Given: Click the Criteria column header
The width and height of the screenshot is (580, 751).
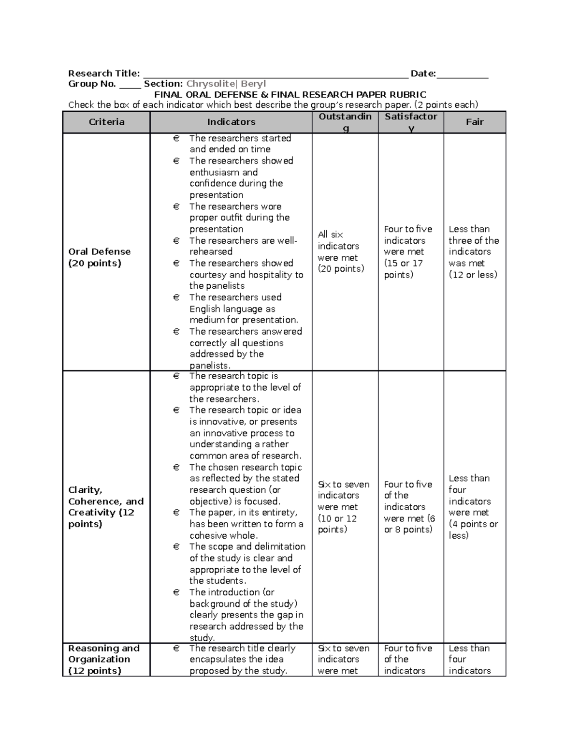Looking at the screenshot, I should click(106, 122).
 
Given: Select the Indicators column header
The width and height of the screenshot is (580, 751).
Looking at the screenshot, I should click(231, 122).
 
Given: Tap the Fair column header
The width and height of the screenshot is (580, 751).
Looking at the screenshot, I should click(474, 122).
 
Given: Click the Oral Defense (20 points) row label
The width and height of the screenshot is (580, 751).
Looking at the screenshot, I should click(99, 257).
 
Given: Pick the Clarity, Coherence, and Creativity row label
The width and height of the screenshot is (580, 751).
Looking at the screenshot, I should click(106, 507).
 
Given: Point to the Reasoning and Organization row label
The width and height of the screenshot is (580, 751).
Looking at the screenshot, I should click(103, 659).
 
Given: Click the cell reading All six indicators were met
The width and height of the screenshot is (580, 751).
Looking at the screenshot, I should click(341, 251).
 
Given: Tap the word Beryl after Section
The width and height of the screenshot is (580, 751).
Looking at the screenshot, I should click(253, 84).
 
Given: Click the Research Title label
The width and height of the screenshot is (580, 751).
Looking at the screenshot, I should click(104, 74).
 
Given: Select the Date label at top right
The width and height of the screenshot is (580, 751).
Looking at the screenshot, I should click(423, 74).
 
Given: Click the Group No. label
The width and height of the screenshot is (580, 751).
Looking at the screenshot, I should click(92, 84).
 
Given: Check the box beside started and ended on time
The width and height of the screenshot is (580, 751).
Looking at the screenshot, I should click(176, 139).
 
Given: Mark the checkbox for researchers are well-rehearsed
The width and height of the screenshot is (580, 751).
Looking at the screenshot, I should click(176, 241).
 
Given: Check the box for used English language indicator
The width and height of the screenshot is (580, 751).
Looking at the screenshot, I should click(176, 298).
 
